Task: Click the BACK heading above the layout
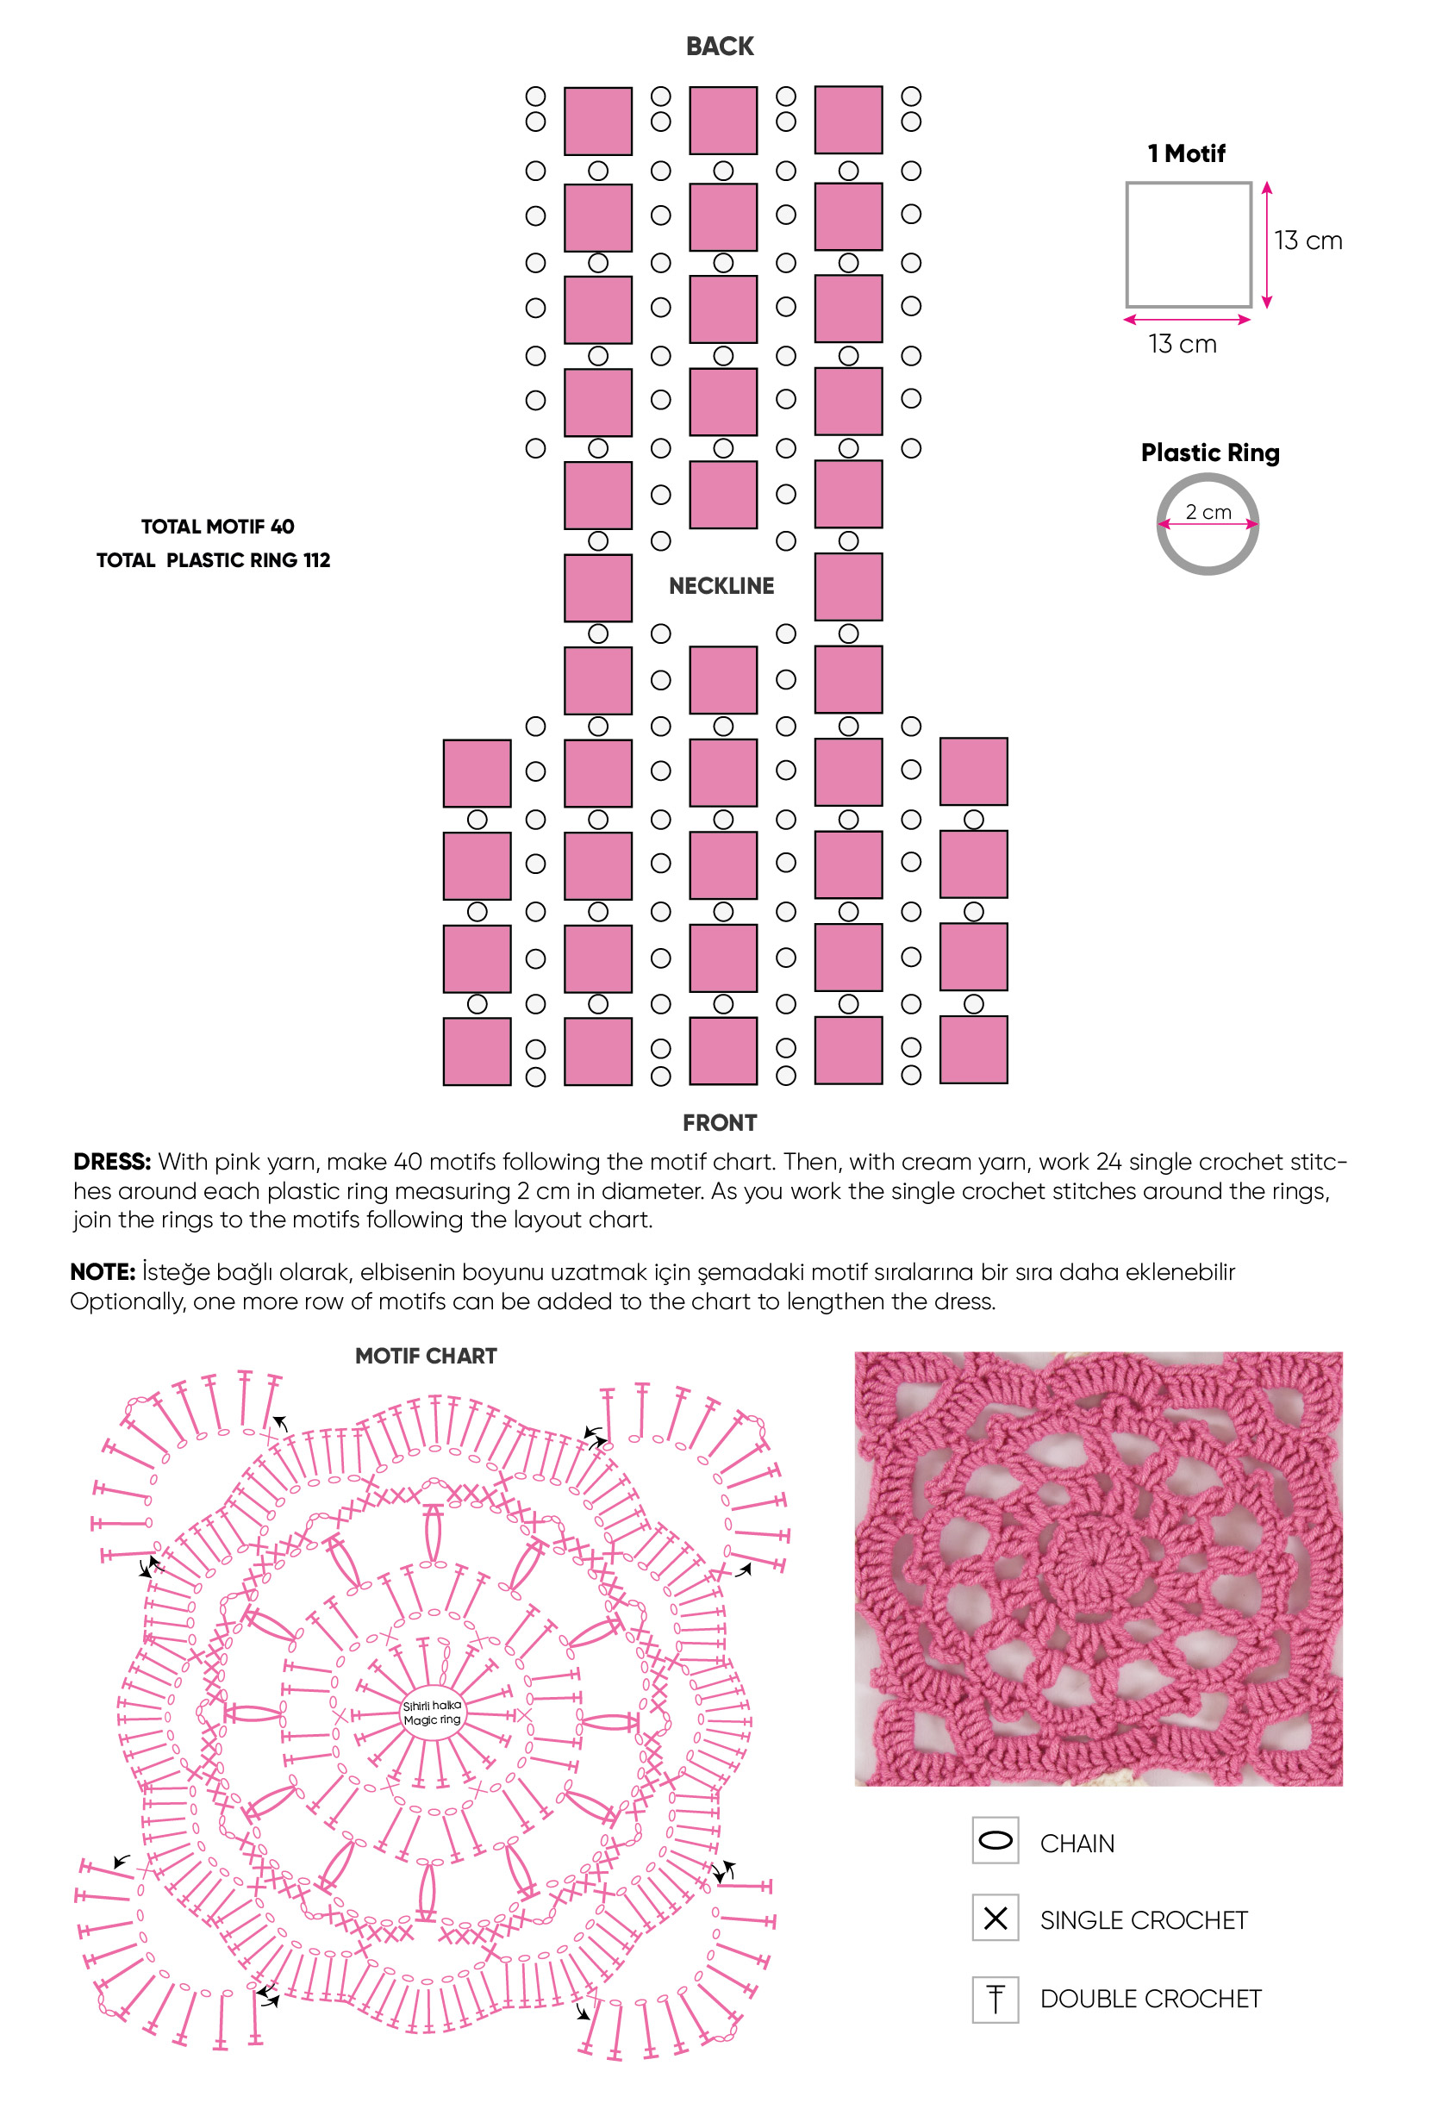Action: tap(720, 47)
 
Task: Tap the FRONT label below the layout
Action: tap(720, 1122)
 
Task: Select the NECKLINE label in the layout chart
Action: tap(721, 586)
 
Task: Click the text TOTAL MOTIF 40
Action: tap(218, 527)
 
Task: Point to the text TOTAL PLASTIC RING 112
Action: tap(213, 559)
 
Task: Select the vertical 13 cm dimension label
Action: tap(1308, 240)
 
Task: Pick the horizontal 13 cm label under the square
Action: tap(1183, 344)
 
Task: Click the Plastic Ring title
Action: tap(1210, 452)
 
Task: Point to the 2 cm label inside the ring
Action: tap(1208, 512)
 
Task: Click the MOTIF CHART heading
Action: tap(426, 1356)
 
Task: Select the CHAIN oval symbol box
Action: tap(995, 1840)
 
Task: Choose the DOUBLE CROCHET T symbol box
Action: tap(995, 1999)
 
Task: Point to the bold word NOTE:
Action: tap(103, 1272)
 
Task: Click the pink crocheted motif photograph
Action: tap(1098, 1569)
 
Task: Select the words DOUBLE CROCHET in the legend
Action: tap(1151, 1999)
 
